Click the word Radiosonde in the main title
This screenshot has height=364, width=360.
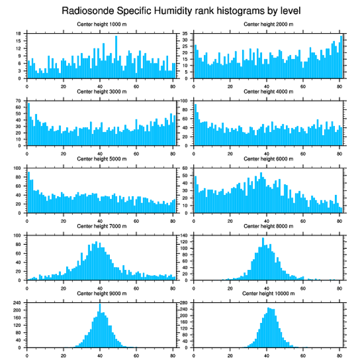(84, 10)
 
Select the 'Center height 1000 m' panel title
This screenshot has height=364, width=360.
(101, 24)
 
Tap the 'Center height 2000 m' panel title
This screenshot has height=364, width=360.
(268, 24)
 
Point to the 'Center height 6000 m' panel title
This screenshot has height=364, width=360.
(268, 159)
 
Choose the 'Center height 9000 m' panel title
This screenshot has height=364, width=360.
(101, 294)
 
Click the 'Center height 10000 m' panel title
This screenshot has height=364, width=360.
(268, 294)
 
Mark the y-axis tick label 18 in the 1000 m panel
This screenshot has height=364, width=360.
(19, 34)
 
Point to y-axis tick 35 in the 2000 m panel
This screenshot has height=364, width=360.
(185, 34)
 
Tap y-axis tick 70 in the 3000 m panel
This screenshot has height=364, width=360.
(19, 101)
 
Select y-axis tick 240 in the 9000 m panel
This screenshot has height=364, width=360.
(18, 303)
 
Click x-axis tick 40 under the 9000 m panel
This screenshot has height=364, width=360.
(100, 354)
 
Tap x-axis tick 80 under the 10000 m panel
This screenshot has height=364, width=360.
(339, 354)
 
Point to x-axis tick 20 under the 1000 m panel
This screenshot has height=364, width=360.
(64, 85)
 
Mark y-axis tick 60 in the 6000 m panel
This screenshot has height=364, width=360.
(185, 168)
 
